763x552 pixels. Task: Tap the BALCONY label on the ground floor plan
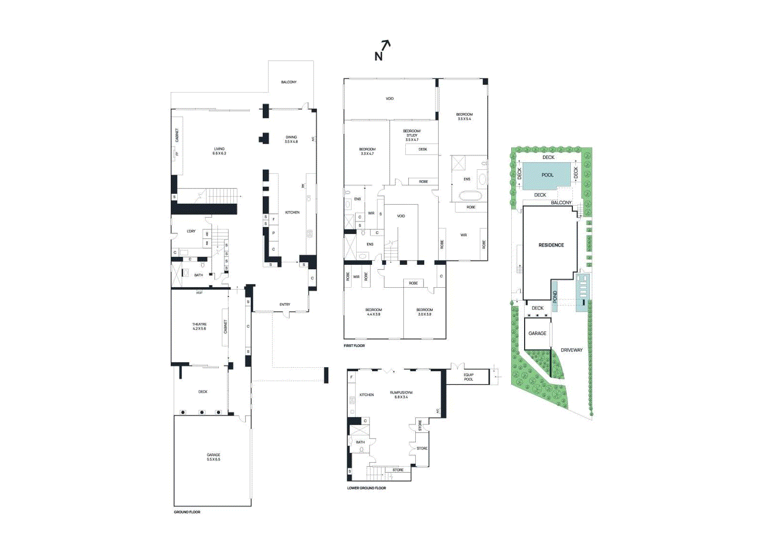click(x=289, y=82)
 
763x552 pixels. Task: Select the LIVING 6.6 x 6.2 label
click(x=219, y=151)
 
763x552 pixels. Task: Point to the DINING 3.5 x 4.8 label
click(x=291, y=139)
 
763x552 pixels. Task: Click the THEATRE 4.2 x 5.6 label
click(x=199, y=326)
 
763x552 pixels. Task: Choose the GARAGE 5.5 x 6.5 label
click(x=213, y=457)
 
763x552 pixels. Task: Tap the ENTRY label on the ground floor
click(x=285, y=304)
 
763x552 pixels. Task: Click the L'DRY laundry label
click(x=191, y=231)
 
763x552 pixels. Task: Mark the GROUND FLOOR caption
click(x=187, y=512)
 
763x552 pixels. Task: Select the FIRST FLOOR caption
click(x=354, y=345)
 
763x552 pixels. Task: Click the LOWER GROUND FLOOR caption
click(x=366, y=488)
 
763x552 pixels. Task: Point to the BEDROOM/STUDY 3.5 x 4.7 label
click(x=412, y=135)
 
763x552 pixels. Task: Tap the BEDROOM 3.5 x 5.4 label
click(x=464, y=116)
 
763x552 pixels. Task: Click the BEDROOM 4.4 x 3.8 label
click(x=373, y=312)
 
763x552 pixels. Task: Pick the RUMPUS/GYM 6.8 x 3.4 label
click(x=401, y=395)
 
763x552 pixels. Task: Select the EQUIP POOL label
click(x=468, y=377)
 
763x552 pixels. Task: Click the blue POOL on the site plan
click(x=547, y=175)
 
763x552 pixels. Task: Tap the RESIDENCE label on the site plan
click(x=551, y=245)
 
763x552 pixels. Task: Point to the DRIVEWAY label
click(x=571, y=350)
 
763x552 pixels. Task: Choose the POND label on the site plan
click(x=555, y=297)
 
